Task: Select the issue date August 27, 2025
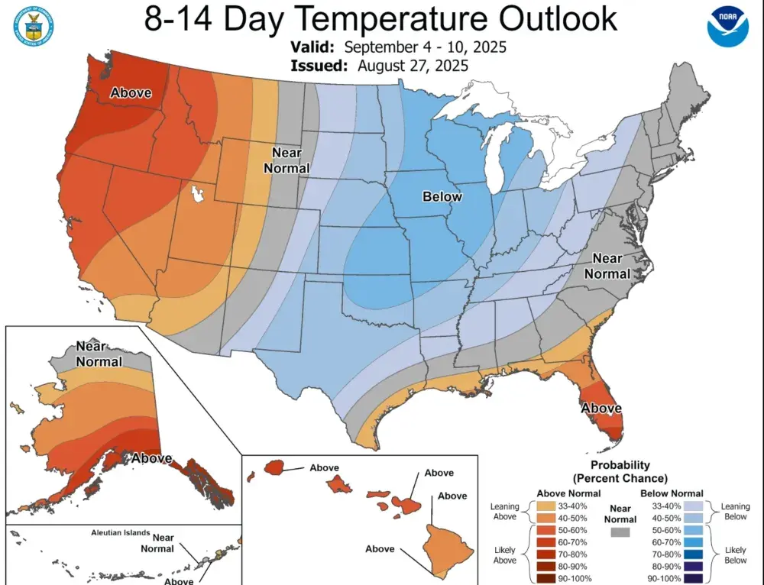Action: (413, 66)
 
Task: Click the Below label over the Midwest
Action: (442, 197)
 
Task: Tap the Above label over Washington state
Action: (131, 93)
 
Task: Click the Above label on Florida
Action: (601, 409)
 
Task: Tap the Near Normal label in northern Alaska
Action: (99, 354)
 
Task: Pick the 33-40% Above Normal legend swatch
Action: (546, 506)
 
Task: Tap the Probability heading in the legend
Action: (620, 464)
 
